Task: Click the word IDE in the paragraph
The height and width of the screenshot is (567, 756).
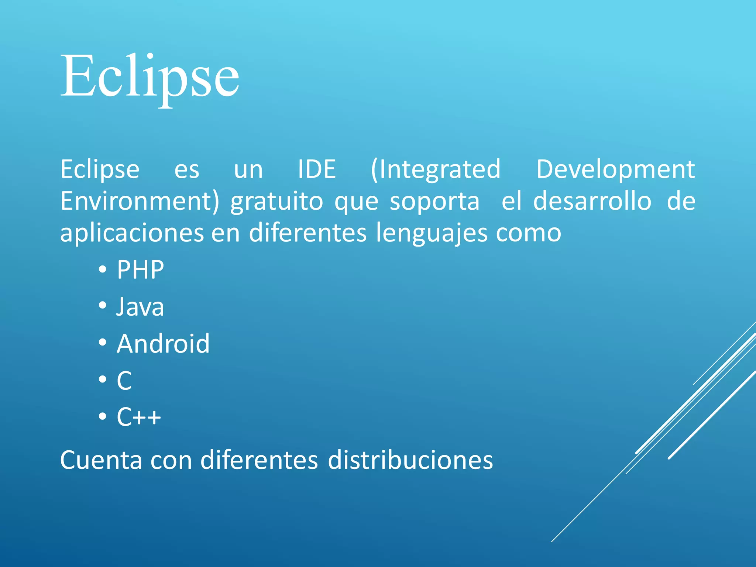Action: click(317, 169)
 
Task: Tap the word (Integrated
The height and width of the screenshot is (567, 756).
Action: click(436, 169)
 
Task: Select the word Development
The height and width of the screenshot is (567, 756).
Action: click(615, 169)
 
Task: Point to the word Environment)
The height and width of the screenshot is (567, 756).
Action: click(140, 201)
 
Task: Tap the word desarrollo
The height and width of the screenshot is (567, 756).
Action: click(592, 201)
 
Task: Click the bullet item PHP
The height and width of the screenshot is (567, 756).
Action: click(140, 269)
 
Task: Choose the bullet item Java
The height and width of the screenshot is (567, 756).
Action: click(140, 307)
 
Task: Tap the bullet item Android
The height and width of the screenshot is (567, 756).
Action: click(163, 344)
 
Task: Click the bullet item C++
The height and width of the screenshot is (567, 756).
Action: click(139, 417)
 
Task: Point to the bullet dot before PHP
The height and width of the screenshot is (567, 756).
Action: click(103, 269)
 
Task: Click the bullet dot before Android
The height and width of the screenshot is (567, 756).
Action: click(103, 343)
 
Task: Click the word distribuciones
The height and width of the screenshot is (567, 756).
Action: click(410, 460)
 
